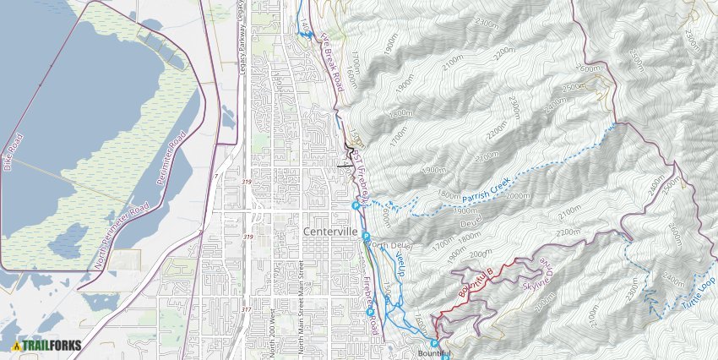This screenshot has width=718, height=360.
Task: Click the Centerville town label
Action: click(x=332, y=232)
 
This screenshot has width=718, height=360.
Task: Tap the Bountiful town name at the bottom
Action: click(x=435, y=353)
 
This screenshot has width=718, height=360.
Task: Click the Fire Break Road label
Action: click(x=331, y=63)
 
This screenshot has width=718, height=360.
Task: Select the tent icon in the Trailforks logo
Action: click(x=16, y=345)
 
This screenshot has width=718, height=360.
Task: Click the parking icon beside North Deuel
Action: click(x=366, y=236)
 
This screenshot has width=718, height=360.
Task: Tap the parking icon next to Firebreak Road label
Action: click(x=370, y=314)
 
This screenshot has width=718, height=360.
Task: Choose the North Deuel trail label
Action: click(x=389, y=245)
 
